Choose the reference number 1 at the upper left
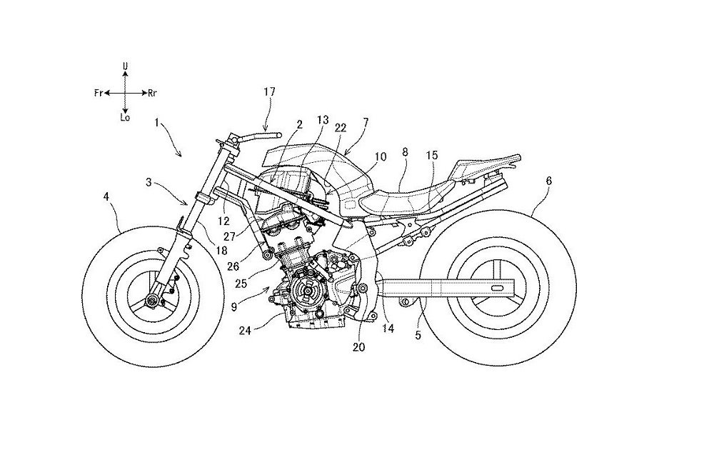tap(157, 124)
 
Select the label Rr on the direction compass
tap(153, 93)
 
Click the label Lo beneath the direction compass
tap(126, 120)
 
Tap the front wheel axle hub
tap(152, 301)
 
